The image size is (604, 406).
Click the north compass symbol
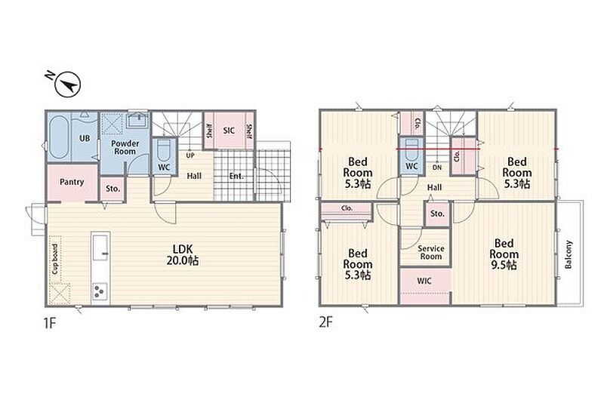pyautogui.click(x=67, y=85)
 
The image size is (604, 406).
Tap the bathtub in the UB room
pyautogui.click(x=58, y=137)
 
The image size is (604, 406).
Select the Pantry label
pyautogui.click(x=72, y=182)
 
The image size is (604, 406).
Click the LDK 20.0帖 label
pyautogui.click(x=183, y=254)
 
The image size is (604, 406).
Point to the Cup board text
pyautogui.click(x=55, y=259)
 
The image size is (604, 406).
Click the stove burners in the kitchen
pyautogui.click(x=100, y=291)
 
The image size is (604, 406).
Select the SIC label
pyautogui.click(x=229, y=131)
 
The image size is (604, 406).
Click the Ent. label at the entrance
pyautogui.click(x=236, y=176)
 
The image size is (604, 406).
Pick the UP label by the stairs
pyautogui.click(x=190, y=155)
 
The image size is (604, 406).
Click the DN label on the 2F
pyautogui.click(x=437, y=168)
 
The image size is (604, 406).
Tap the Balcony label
pyautogui.click(x=569, y=254)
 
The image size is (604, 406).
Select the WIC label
pyautogui.click(x=424, y=281)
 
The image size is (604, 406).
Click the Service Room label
pyautogui.click(x=431, y=252)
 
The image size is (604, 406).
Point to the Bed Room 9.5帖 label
pyautogui.click(x=504, y=254)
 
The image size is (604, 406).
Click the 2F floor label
pyautogui.click(x=325, y=322)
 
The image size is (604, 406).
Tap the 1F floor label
pyautogui.click(x=50, y=323)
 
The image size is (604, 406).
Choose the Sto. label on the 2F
pyautogui.click(x=437, y=214)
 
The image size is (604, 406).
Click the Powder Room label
pyautogui.click(x=125, y=147)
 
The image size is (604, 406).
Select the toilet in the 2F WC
pyautogui.click(x=411, y=149)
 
